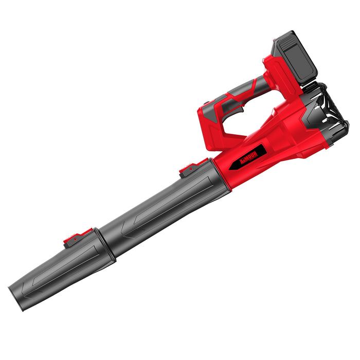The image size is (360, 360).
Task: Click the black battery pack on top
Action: (294, 57)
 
